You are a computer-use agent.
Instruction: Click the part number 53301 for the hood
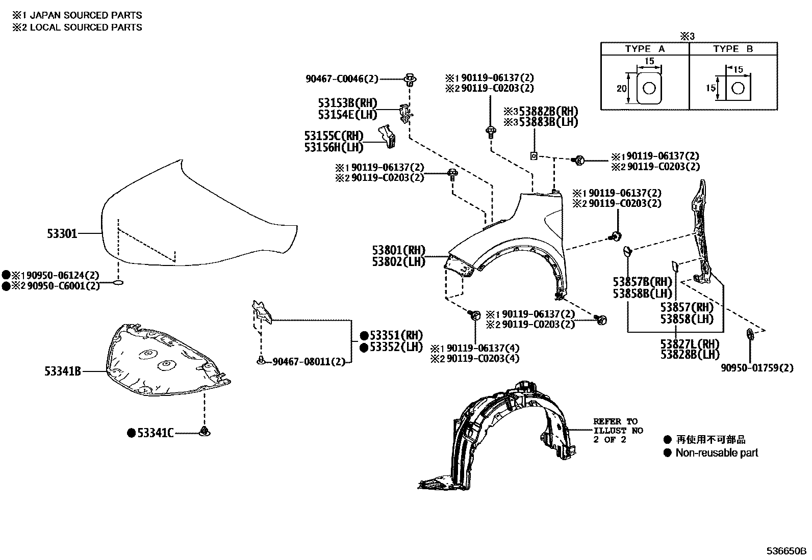(62, 234)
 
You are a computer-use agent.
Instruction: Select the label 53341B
(62, 372)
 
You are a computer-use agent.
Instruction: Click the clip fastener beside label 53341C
(205, 432)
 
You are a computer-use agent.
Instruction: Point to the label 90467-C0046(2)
(342, 79)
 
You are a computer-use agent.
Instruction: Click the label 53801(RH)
(398, 251)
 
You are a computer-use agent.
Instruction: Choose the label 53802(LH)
(398, 262)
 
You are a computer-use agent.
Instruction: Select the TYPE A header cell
(645, 49)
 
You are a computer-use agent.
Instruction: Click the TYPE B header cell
(733, 49)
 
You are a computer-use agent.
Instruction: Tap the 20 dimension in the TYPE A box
(621, 88)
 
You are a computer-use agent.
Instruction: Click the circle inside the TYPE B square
(737, 89)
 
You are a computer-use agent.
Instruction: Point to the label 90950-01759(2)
(757, 367)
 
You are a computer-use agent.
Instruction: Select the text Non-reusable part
(717, 452)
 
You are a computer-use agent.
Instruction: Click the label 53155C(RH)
(334, 136)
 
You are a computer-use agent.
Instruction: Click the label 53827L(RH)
(690, 343)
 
